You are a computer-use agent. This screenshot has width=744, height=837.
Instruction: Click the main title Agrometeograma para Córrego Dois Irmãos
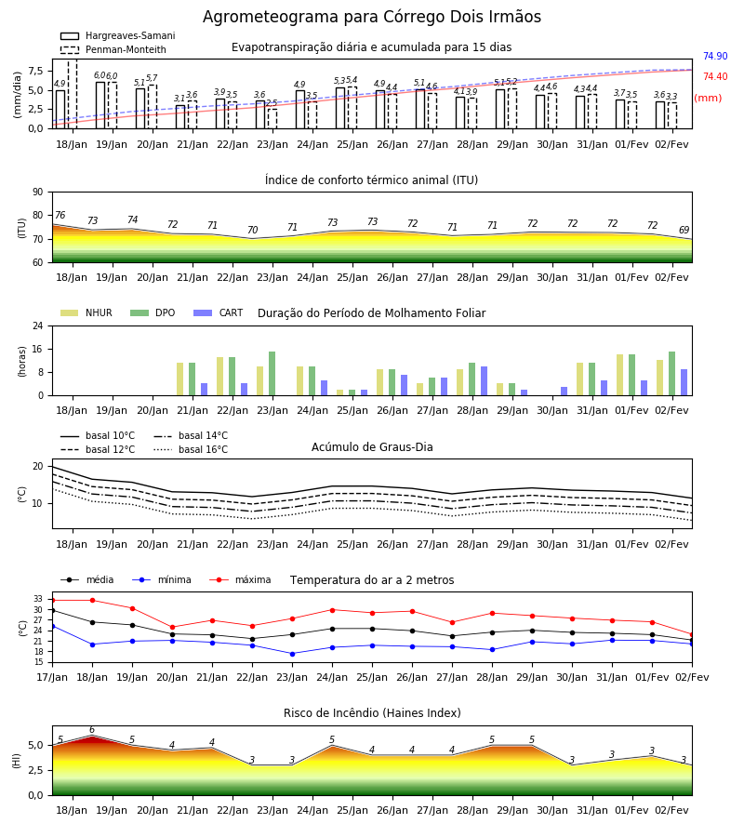click(372, 17)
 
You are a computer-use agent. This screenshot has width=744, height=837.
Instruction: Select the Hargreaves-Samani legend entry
click(117, 35)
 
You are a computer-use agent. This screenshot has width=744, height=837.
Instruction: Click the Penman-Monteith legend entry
click(113, 49)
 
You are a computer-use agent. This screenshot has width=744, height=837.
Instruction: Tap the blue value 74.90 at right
click(715, 56)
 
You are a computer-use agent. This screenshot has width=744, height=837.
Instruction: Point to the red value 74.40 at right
click(715, 76)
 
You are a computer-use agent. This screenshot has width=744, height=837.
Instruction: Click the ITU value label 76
click(60, 215)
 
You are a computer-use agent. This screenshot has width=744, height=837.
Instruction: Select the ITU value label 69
click(684, 230)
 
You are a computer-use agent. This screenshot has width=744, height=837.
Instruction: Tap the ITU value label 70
click(252, 230)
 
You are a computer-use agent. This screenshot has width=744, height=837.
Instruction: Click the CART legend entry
click(219, 312)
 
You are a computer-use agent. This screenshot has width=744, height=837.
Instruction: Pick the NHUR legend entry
click(86, 312)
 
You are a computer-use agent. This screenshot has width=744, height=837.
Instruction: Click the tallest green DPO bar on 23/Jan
click(272, 374)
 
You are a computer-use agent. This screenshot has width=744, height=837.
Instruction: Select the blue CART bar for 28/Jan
click(485, 381)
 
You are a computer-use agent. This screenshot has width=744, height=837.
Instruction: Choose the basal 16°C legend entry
click(191, 449)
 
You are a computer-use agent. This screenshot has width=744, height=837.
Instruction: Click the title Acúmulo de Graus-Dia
click(372, 447)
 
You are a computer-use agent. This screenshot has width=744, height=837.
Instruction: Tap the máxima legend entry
click(240, 579)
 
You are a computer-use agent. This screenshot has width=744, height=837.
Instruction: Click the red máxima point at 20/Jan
click(172, 628)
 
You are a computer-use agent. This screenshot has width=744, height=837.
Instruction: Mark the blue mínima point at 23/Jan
click(292, 654)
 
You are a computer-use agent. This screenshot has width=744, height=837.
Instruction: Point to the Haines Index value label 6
click(92, 730)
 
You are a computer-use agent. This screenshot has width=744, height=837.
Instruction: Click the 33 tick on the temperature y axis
click(38, 600)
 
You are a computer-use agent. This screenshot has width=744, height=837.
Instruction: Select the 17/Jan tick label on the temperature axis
click(52, 677)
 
